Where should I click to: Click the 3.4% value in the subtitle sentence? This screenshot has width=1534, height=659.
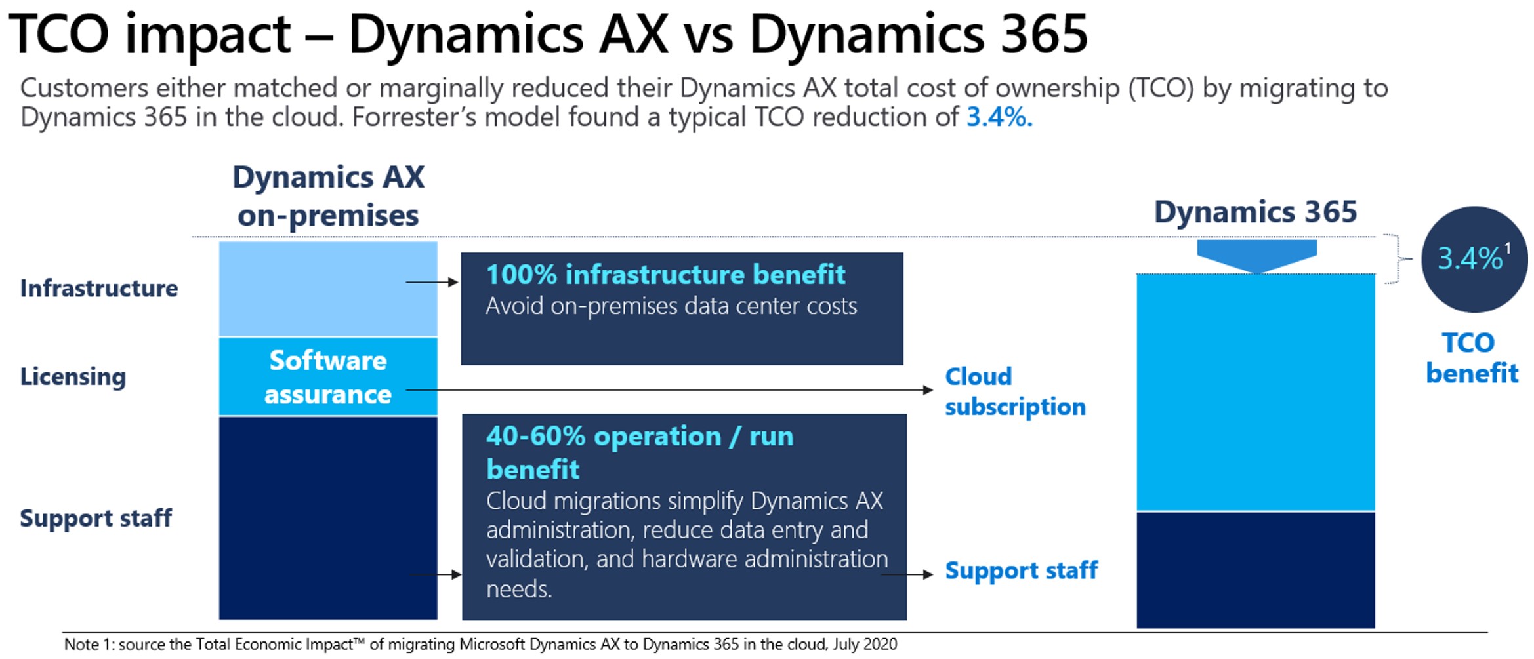coord(999,117)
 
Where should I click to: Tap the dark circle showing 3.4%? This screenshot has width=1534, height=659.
coord(1474,259)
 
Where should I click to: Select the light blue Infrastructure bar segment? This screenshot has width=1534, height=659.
coord(328,289)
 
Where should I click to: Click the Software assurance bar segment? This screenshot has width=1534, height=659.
coord(328,377)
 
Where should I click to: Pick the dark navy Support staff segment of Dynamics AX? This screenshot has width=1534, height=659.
coord(328,518)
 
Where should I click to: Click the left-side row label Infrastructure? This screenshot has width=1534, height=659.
coord(99,289)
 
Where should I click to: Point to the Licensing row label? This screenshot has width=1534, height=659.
coord(73,377)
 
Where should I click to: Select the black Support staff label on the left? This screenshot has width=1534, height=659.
coord(96,518)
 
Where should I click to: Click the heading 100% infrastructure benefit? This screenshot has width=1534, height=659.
coord(665,275)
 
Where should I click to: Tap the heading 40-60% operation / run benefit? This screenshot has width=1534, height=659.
coord(640,452)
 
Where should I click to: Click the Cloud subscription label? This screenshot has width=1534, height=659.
coord(1014,391)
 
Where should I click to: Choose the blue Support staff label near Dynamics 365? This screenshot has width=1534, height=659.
coord(1021,570)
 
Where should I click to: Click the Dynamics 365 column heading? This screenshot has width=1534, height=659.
coord(1255,212)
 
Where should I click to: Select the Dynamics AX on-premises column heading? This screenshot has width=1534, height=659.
coord(328,196)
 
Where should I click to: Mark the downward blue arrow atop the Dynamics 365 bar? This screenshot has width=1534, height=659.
coord(1256,255)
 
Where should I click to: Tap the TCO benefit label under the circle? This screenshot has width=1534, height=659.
coord(1472,358)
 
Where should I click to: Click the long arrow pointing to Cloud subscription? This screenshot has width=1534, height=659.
coord(669,390)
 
